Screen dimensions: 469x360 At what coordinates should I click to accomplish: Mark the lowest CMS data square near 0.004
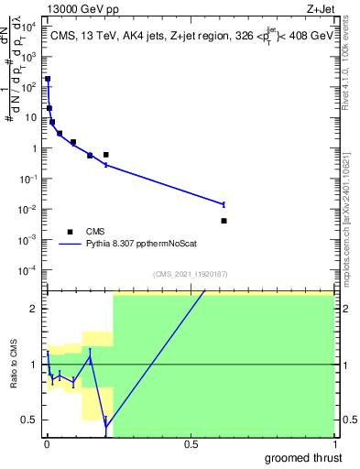tap(224, 221)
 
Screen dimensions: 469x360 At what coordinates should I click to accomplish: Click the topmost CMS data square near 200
tap(48, 80)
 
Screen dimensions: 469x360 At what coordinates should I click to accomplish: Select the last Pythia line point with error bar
tap(224, 204)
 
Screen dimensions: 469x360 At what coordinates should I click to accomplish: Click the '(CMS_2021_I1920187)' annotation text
tap(191, 274)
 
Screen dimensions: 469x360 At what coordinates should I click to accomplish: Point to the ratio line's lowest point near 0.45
tap(106, 427)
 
